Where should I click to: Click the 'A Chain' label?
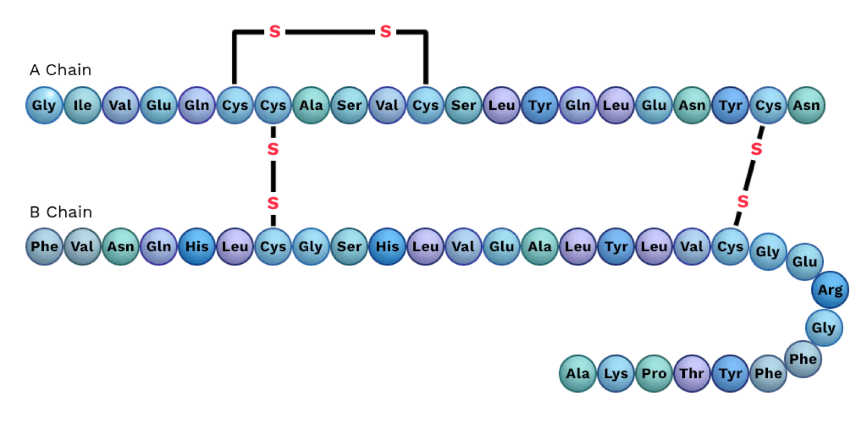(x=60, y=70)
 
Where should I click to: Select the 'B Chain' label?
(x=61, y=212)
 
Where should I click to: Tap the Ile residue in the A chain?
(x=82, y=105)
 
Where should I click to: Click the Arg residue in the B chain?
(x=830, y=290)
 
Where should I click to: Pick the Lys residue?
(x=616, y=374)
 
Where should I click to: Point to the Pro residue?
(x=654, y=374)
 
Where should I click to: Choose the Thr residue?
(x=691, y=374)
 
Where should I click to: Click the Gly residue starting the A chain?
(x=44, y=105)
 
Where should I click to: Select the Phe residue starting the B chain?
(x=44, y=246)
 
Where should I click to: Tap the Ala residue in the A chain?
(x=311, y=105)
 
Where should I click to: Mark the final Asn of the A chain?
(x=806, y=105)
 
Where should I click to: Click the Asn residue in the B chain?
(x=120, y=246)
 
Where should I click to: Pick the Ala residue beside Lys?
(x=578, y=374)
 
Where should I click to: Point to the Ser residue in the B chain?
(x=349, y=246)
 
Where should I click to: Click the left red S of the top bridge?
(x=275, y=31)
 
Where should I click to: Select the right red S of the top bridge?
(x=385, y=31)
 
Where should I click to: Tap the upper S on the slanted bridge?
(x=756, y=149)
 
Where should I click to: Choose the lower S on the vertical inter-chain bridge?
(x=273, y=203)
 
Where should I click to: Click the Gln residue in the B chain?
(x=159, y=246)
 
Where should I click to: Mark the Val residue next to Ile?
(x=120, y=105)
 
